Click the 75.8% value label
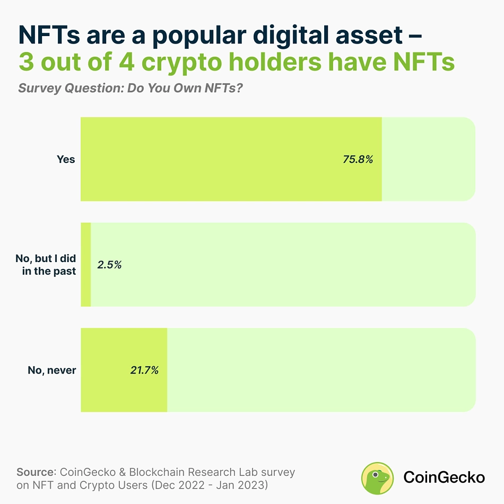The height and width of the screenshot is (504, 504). point(358,159)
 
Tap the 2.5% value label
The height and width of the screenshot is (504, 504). point(110,264)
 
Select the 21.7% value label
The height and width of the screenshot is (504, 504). point(144,370)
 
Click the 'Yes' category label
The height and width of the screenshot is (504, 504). point(66,159)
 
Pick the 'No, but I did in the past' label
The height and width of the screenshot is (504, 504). point(46,265)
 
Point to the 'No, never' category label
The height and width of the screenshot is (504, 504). point(52,370)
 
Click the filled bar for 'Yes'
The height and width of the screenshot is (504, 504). point(212,159)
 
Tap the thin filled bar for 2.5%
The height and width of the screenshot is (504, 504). point(86,265)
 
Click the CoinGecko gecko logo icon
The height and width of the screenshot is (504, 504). point(377,477)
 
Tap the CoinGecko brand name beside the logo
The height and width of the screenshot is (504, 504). point(444,477)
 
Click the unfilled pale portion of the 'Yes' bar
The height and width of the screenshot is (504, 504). point(428,159)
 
